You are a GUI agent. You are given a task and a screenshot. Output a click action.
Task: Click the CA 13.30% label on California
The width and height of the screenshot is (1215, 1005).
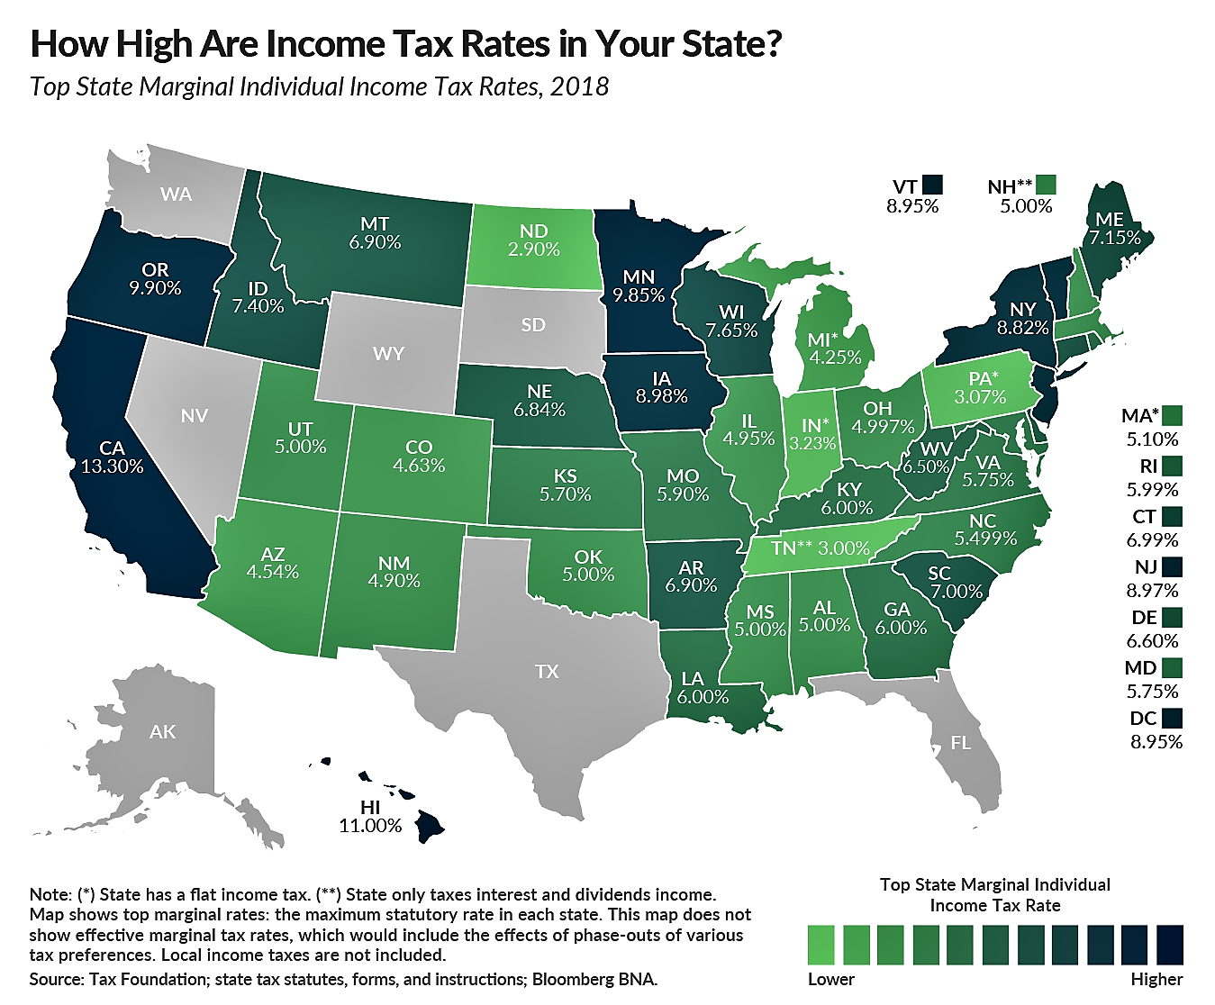pos(112,457)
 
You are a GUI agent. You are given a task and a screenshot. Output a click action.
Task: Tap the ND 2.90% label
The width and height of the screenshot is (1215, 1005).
pos(534,240)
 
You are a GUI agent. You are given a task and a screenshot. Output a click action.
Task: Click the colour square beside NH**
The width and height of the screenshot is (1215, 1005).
pos(1046,186)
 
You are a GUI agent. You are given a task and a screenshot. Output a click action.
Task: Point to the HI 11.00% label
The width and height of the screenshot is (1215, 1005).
pos(369,816)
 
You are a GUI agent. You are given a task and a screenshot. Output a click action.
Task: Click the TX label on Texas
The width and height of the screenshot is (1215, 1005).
pos(547,671)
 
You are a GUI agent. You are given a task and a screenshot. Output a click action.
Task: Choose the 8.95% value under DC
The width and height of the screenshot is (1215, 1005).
pos(1156,742)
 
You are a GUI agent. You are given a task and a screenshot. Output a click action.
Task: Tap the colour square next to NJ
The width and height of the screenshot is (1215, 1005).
pos(1172,566)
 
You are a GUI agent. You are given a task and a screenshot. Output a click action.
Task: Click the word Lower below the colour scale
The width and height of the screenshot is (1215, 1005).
pos(830,979)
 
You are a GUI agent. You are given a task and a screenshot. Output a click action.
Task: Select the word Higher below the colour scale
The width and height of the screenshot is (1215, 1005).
pos(1156,979)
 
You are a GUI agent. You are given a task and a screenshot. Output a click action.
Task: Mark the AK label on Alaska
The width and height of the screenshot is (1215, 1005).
pos(163,731)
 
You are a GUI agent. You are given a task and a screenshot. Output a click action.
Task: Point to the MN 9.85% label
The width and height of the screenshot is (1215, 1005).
pos(639,285)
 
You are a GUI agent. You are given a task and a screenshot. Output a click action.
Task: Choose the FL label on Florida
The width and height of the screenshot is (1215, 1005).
pos(960,743)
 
